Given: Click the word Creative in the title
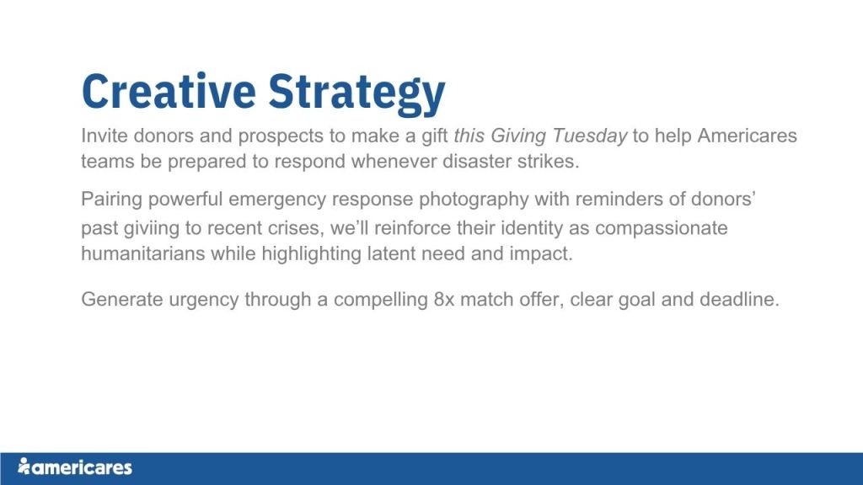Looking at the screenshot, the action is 169,91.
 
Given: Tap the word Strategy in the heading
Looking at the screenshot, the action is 356,93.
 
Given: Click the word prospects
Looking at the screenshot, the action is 281,136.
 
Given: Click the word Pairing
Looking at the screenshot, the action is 112,200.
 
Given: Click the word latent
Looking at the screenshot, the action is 391,254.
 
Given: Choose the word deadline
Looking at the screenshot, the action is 739,300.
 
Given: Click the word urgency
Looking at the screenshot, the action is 204,301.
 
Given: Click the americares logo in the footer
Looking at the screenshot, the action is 75,466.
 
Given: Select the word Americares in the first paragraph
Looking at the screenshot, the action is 748,136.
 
